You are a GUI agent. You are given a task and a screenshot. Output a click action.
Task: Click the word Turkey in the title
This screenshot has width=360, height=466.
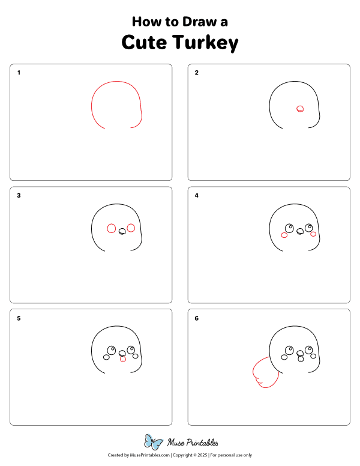tap(205, 43)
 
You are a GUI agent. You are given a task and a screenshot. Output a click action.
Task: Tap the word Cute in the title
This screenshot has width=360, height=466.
tap(144, 42)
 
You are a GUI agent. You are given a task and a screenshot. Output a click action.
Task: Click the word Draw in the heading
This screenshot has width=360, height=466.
tap(200, 22)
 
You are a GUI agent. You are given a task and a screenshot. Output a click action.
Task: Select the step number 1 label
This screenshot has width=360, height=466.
tap(19, 73)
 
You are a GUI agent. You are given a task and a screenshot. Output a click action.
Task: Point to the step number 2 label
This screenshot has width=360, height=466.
tap(196, 73)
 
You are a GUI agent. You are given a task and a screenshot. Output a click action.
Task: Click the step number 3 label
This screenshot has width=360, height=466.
tap(19, 195)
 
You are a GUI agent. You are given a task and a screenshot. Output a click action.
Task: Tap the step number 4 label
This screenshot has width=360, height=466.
tap(196, 195)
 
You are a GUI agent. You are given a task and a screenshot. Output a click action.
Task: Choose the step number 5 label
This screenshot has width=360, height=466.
tap(19, 318)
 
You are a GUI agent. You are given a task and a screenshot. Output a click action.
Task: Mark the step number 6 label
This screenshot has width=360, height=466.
tap(196, 318)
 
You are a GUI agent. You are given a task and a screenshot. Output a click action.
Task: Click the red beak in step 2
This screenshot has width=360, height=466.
tap(300, 109)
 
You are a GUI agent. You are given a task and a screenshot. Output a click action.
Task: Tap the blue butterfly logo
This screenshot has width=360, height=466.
tap(153, 442)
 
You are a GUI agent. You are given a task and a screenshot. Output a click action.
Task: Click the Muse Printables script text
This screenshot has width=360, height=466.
tap(193, 443)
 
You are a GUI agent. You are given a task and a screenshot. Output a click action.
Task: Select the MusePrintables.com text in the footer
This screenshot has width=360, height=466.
tap(150, 455)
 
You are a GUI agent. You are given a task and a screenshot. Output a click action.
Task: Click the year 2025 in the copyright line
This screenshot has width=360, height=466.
tap(202, 455)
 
